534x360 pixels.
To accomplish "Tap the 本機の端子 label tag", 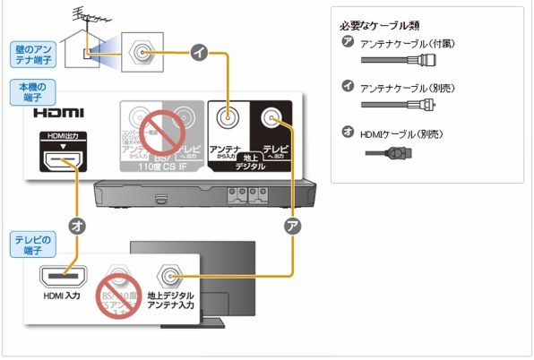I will click(35, 91).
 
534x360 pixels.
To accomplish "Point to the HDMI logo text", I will click(58, 114).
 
